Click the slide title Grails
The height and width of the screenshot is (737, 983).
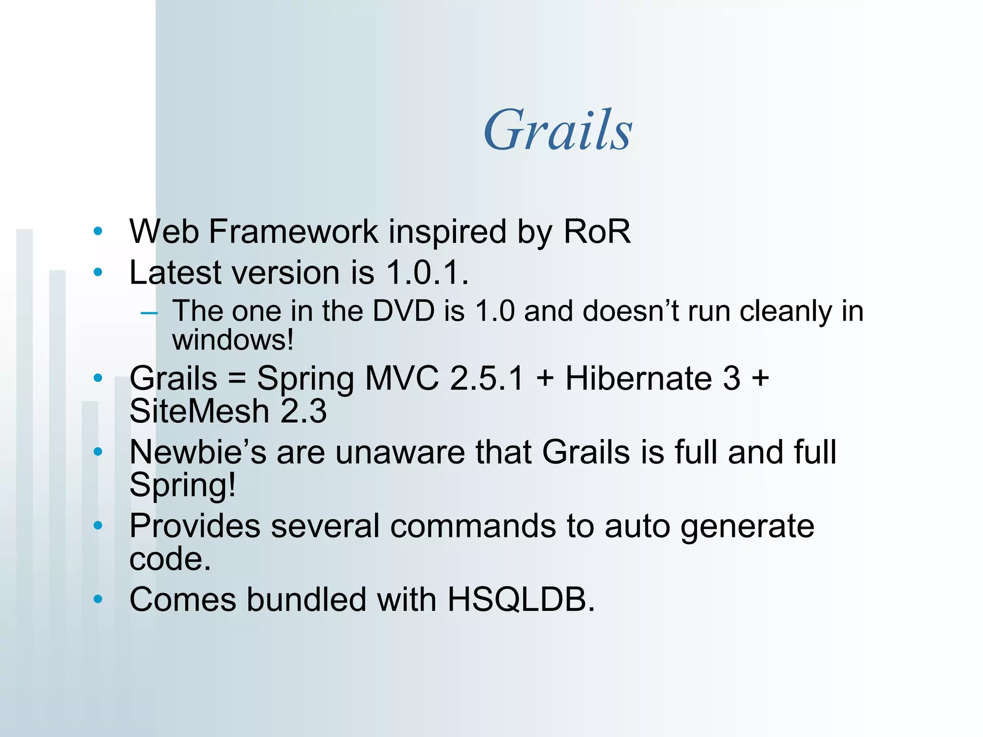pos(558,130)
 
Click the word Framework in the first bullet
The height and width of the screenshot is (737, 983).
pos(293,232)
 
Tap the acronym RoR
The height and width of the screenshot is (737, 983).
pos(597,232)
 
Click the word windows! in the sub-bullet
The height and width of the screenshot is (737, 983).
pos(233,340)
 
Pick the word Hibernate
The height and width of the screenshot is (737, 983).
pos(638,379)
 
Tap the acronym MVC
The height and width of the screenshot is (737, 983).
pos(402,379)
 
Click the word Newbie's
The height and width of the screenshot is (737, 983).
pos(198,452)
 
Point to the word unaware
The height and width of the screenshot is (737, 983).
pos(400,452)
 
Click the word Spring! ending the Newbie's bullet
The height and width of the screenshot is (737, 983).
pos(183,485)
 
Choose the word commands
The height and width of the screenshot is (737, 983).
pos(473,526)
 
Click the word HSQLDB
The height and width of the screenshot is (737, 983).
pos(521,600)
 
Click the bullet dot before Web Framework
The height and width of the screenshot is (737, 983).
pos(98,232)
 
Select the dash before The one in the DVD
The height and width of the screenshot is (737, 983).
pos(149,313)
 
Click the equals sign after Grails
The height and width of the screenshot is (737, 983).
pos(237,379)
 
